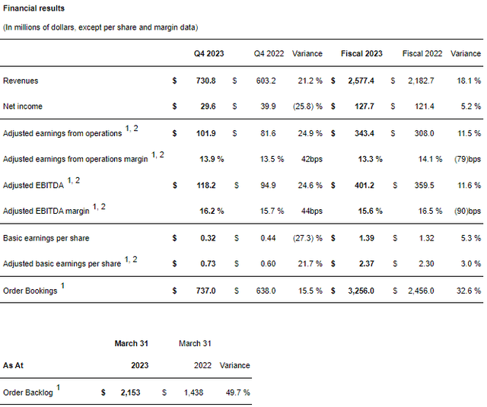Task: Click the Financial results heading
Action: (x=34, y=8)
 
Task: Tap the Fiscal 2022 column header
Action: (x=422, y=54)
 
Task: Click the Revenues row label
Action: (x=21, y=81)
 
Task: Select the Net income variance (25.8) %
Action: (x=307, y=107)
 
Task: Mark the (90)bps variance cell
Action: (x=466, y=211)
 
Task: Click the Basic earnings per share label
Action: (x=46, y=238)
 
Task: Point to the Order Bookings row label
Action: (x=30, y=291)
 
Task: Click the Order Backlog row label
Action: (x=29, y=393)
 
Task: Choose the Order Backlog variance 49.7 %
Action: (x=235, y=393)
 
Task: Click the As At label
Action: (x=14, y=365)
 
